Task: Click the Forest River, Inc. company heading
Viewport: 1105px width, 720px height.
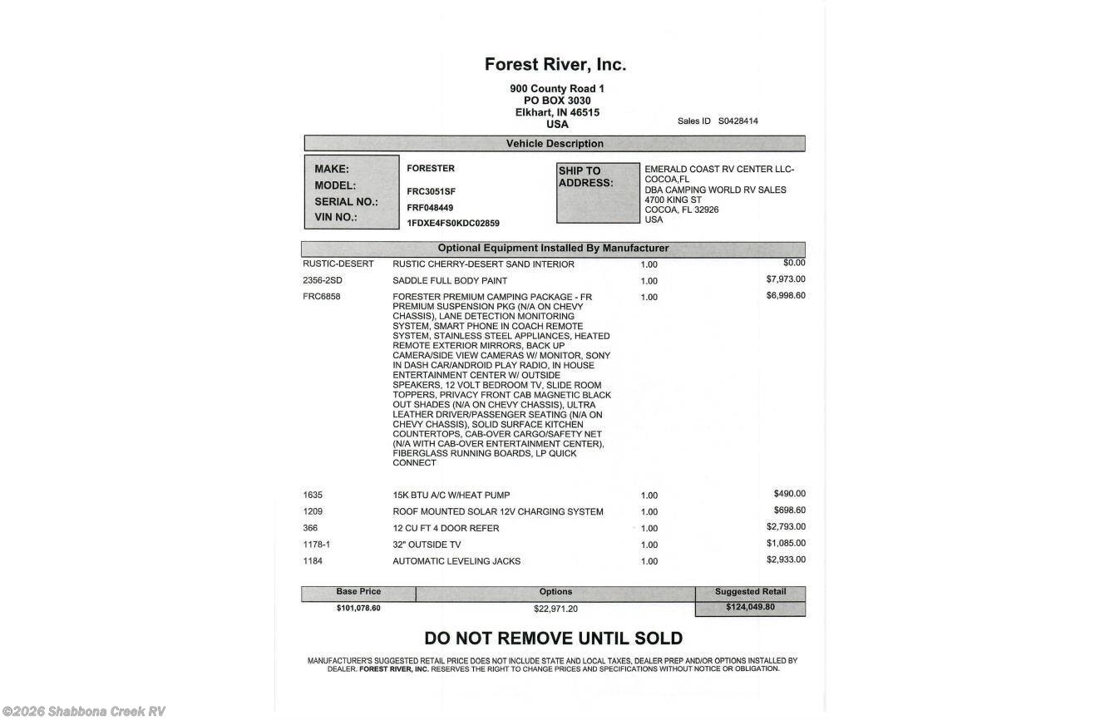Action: click(x=555, y=65)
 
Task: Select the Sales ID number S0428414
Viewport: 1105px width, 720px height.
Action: click(x=738, y=121)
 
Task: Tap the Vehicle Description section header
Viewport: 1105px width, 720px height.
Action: click(x=555, y=144)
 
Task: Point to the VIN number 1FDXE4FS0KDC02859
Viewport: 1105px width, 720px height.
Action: click(x=453, y=224)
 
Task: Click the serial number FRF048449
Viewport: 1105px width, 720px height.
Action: click(x=430, y=208)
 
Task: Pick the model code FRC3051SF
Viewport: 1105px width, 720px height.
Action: click(x=431, y=191)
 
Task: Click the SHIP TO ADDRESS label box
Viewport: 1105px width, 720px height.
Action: click(x=597, y=193)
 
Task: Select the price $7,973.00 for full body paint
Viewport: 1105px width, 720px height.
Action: click(x=785, y=279)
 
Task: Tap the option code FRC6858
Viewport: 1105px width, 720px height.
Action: click(x=322, y=297)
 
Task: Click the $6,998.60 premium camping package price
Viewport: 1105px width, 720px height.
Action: click(x=785, y=296)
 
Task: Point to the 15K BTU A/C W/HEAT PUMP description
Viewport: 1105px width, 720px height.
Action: click(x=451, y=496)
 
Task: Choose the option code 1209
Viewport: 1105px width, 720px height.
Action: click(x=313, y=511)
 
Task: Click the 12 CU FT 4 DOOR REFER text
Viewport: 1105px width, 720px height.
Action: click(x=446, y=529)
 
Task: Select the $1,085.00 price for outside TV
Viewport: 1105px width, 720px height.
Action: click(x=785, y=544)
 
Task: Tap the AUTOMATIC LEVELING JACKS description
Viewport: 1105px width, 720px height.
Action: click(x=456, y=562)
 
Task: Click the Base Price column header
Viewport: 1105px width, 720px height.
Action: click(x=358, y=592)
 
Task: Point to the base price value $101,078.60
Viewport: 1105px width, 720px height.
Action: click(x=358, y=609)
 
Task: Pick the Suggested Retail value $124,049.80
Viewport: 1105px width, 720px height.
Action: click(x=750, y=608)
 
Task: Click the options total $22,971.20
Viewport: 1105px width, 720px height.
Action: click(x=555, y=609)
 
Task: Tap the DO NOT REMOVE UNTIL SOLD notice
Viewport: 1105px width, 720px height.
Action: click(x=553, y=639)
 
